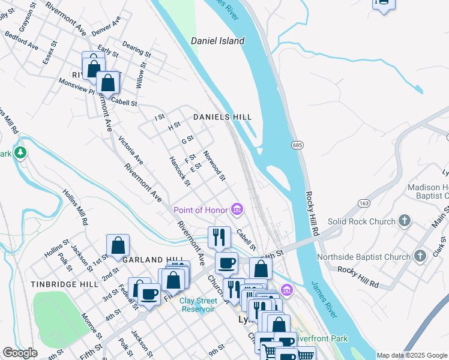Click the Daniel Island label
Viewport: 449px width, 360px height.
tap(217, 41)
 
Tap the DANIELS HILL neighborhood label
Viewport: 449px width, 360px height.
tap(221, 117)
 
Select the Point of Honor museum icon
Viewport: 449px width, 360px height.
tap(238, 209)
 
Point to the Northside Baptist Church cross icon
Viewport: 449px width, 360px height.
tap(420, 256)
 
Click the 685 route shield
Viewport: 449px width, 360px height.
tap(297, 145)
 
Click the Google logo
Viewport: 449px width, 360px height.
tap(20, 353)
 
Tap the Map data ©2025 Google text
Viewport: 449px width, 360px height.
tap(412, 355)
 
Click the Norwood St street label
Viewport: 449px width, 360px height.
tap(214, 166)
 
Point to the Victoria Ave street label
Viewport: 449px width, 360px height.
tap(130, 150)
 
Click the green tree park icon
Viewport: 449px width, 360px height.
tap(20, 153)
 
